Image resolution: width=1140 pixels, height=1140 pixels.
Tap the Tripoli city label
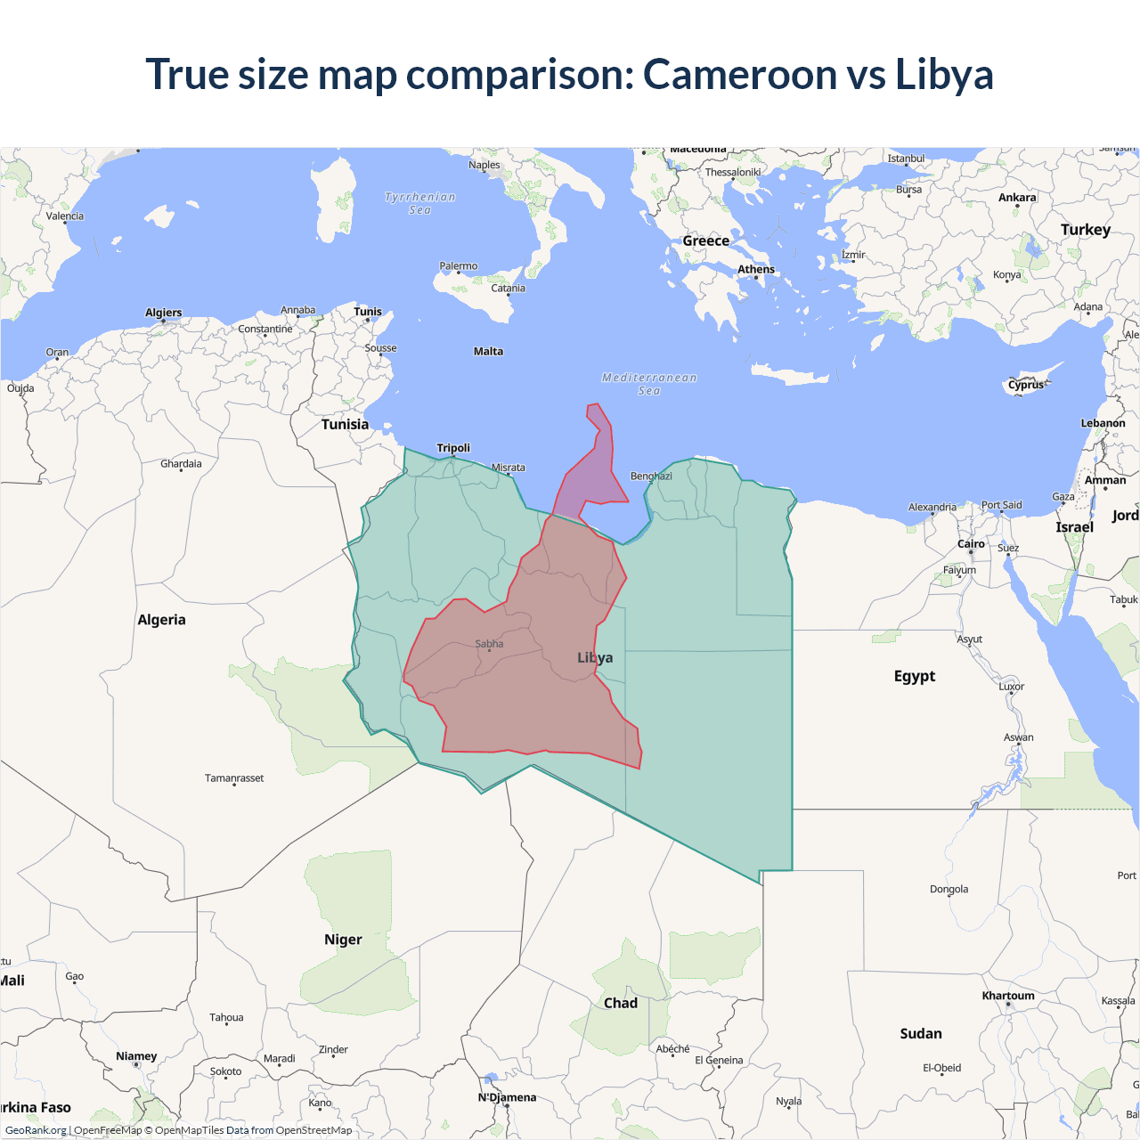[453, 448]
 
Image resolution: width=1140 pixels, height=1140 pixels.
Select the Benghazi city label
[651, 476]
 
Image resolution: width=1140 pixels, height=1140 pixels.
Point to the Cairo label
[971, 544]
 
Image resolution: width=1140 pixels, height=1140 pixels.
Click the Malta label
[488, 352]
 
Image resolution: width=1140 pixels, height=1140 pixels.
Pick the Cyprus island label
[1025, 386]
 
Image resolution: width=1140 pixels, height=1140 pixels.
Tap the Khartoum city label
[1008, 996]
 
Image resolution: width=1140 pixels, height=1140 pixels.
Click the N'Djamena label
[507, 1097]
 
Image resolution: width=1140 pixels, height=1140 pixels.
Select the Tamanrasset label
[234, 778]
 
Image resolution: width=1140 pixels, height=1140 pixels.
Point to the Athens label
[756, 270]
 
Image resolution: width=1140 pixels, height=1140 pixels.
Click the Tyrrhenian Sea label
[419, 204]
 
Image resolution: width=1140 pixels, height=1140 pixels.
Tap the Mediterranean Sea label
[649, 384]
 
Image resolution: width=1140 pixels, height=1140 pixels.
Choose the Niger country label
[343, 940]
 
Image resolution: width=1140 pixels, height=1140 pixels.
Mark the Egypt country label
[915, 676]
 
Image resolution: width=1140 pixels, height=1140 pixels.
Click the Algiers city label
[164, 313]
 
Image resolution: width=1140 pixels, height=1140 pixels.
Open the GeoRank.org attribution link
[36, 1130]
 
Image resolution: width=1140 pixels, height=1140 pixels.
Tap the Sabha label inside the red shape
[489, 644]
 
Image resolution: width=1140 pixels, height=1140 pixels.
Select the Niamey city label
[136, 1056]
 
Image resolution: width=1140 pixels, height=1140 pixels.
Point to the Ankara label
[1017, 198]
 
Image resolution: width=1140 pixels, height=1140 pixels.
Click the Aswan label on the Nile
[1019, 737]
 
